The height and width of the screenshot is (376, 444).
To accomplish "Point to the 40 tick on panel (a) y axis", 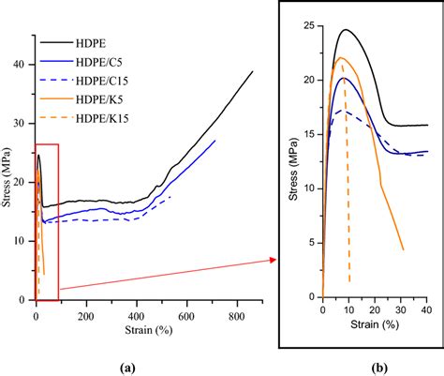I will (22, 64).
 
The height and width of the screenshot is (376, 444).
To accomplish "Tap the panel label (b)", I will (372, 368).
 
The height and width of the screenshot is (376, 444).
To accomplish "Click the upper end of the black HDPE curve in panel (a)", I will (252, 71).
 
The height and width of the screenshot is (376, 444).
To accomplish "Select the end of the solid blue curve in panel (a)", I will (215, 141).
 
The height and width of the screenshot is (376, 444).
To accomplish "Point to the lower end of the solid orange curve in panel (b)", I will (403, 249).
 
